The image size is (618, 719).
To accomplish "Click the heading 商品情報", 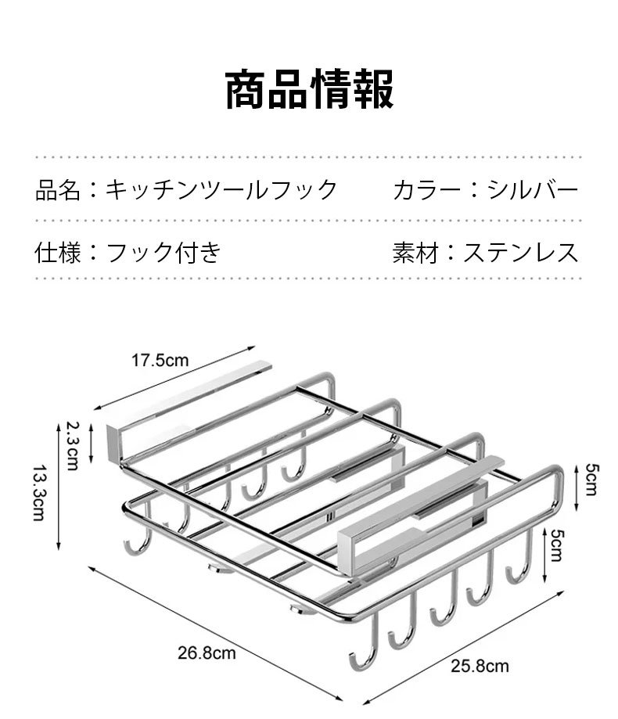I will point(309,89).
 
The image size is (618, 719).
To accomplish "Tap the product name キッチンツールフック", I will point(222,189).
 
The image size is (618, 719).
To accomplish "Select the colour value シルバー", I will point(532,189).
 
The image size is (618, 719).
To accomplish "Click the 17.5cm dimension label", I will point(160,361).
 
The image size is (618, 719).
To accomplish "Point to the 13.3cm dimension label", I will point(38,493).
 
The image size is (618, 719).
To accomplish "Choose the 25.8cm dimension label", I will point(479,666).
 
